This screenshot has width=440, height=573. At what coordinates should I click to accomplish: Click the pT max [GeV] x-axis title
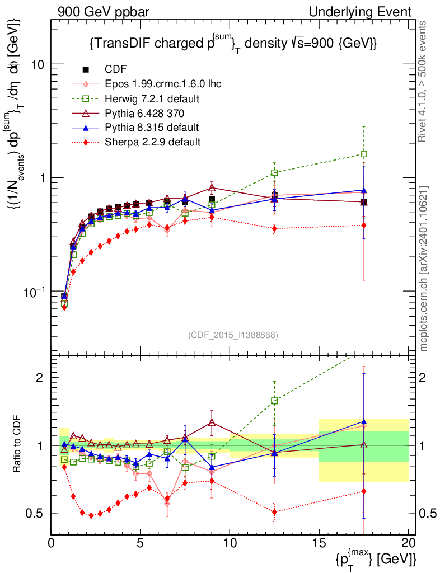[x=376, y=559]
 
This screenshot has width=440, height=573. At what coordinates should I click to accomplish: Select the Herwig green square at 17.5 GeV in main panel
[x=364, y=154]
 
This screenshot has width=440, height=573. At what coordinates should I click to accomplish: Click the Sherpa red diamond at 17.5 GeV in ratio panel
[x=364, y=491]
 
